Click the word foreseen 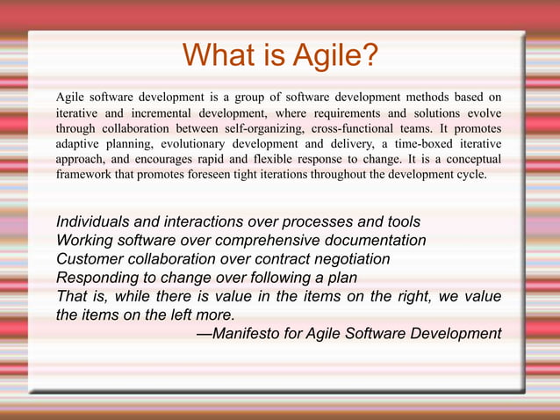[241, 175]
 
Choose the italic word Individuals [94, 221]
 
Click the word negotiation [349, 258]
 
